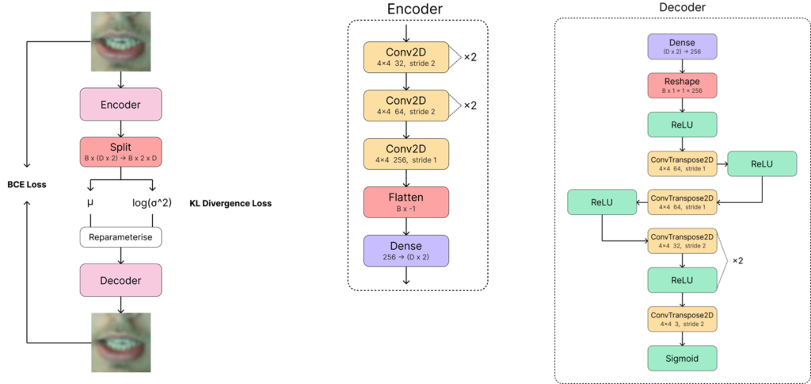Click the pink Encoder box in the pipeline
[x=121, y=104]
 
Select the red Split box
[x=121, y=152]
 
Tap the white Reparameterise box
[x=121, y=238]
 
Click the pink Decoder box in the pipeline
[x=121, y=280]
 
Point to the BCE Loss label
[x=26, y=184]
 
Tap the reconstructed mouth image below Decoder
[x=121, y=342]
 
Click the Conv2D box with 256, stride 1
[x=406, y=154]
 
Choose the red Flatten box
[x=406, y=202]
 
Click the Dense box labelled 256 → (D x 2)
[x=406, y=251]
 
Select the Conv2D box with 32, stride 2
[x=406, y=57]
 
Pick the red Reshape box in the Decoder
[x=682, y=86]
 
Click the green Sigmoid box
[x=682, y=358]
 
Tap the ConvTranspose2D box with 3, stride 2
[x=682, y=319]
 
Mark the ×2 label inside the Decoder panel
[x=737, y=261]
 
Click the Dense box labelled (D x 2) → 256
[x=682, y=47]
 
